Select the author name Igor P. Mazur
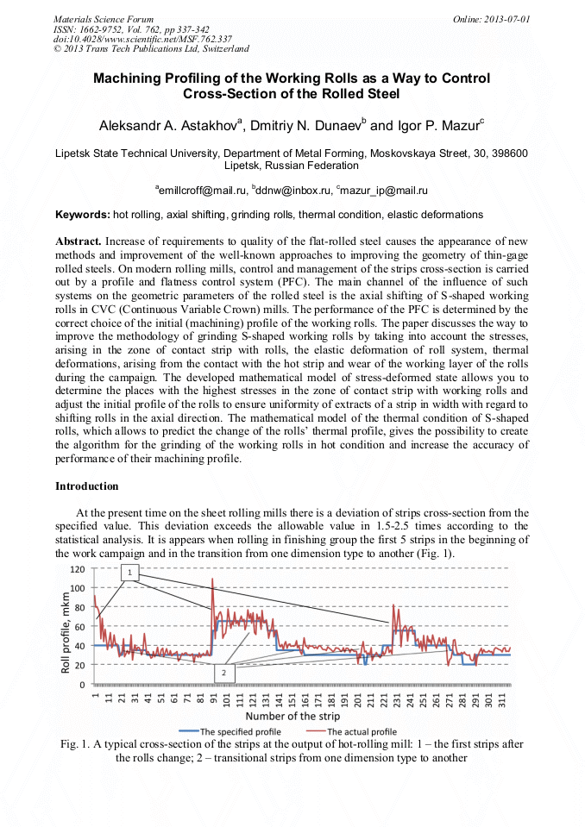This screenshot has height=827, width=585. click(438, 125)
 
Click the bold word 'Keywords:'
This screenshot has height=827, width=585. click(83, 214)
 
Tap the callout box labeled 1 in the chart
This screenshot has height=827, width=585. click(129, 572)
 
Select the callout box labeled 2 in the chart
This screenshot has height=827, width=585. click(223, 672)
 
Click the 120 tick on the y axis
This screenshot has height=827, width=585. click(77, 569)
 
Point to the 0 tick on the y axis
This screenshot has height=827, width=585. click(82, 685)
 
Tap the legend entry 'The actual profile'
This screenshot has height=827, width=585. click(360, 731)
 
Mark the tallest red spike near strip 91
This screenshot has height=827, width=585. click(212, 580)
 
